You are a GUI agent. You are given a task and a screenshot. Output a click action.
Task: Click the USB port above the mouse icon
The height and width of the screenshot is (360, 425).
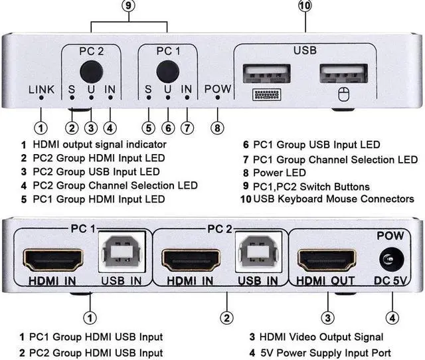coord(343,73)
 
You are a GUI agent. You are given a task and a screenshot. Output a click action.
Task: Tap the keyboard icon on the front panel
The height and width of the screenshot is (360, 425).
coord(268,95)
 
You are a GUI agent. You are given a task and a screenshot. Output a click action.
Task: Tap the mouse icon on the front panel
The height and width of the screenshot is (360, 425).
coord(343,95)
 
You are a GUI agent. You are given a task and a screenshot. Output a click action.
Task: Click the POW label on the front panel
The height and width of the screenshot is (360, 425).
coord(218,88)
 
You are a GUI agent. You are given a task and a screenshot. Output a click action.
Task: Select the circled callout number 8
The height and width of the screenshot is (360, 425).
coord(218,126)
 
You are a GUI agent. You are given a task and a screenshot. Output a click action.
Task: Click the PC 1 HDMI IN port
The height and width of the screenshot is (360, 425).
coord(54,258)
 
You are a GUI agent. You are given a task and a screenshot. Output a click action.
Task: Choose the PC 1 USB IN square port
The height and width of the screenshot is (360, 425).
coord(120,255)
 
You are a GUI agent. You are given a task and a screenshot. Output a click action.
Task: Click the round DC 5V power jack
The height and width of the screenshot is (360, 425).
coord(390,259)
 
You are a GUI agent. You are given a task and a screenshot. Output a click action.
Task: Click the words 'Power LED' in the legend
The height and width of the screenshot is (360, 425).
coord(273,173)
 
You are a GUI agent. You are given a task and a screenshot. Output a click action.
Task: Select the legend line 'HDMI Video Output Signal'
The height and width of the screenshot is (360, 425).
coord(321,337)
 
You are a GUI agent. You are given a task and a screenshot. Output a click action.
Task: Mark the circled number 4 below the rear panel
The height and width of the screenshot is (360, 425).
coord(393,317)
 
